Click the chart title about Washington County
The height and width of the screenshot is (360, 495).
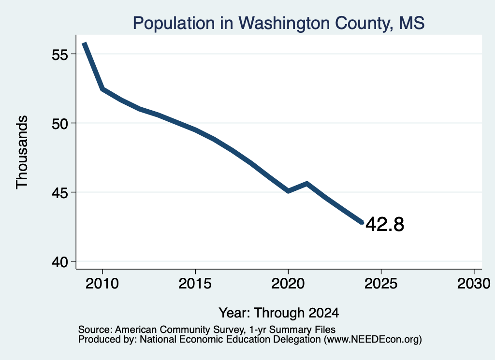click(278, 23)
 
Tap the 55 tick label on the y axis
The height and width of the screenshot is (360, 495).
click(60, 55)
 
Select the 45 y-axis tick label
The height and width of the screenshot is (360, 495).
click(60, 193)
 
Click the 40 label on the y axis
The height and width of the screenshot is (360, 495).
click(60, 262)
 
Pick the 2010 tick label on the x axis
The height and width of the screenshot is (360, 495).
click(102, 284)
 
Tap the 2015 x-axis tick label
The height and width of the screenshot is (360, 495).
click(195, 284)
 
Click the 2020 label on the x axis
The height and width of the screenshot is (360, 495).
click(288, 284)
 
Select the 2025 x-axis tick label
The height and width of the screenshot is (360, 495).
click(381, 284)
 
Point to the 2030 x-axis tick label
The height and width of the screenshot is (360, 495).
click(474, 284)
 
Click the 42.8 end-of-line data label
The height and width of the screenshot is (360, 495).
click(385, 224)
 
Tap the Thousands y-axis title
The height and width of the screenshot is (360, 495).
click(22, 152)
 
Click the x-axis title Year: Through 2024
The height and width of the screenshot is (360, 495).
click(279, 313)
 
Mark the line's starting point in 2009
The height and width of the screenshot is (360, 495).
click(84, 43)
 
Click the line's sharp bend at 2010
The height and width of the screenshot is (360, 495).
click(102, 89)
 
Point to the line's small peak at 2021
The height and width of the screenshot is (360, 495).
click(307, 183)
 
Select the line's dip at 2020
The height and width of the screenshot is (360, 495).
click(288, 191)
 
